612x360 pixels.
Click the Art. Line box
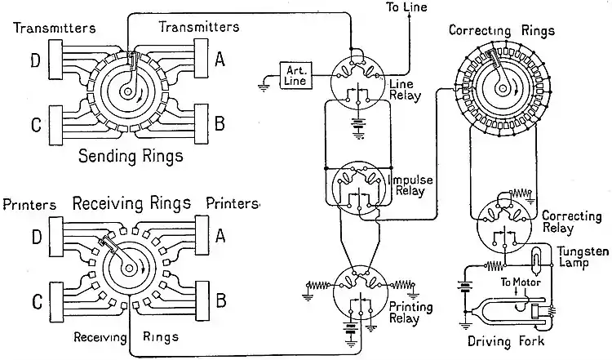tap(294, 74)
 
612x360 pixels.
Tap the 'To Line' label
tap(415, 8)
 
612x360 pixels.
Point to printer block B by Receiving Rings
tap(204, 300)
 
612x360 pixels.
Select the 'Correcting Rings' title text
tap(502, 30)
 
